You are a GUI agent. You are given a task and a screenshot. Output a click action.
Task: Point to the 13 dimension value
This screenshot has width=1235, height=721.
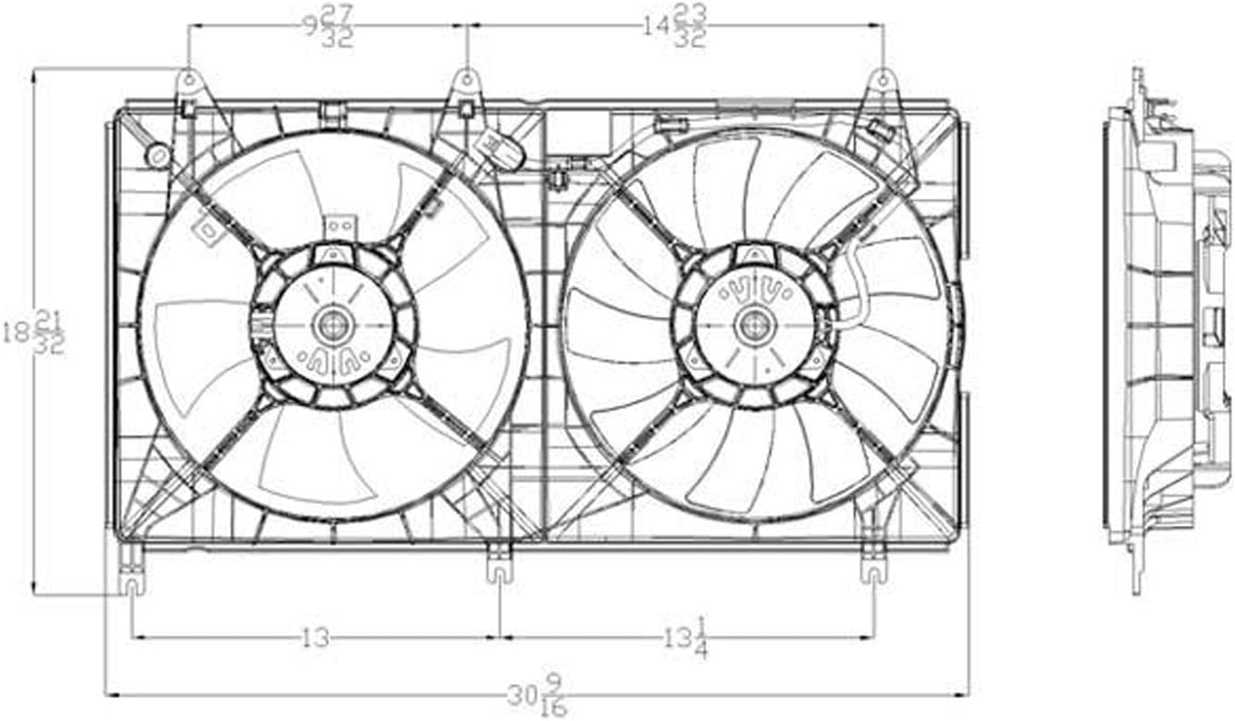(316, 638)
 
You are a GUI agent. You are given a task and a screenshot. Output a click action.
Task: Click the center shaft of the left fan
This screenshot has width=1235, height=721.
(330, 324)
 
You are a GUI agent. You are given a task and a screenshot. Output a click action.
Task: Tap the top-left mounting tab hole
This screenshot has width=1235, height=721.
(189, 79)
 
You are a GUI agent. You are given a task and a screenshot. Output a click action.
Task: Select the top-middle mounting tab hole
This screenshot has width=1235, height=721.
(467, 79)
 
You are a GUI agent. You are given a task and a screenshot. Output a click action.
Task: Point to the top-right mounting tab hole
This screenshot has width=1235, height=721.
(883, 79)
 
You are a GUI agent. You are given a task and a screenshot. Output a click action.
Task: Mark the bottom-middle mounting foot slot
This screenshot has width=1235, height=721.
(499, 573)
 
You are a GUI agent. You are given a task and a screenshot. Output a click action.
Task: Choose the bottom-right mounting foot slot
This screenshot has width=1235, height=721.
(874, 573)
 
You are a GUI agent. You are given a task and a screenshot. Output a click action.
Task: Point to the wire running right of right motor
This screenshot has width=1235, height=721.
(855, 287)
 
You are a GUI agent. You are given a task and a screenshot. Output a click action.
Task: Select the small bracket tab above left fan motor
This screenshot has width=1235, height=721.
(339, 227)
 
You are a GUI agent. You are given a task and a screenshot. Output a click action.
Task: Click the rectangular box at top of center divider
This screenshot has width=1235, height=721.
(579, 128)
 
